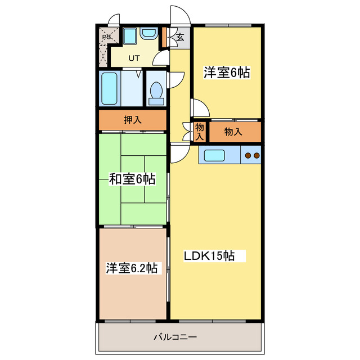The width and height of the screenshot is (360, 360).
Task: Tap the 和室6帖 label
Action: [132, 179]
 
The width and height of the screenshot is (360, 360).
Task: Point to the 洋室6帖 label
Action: [227, 72]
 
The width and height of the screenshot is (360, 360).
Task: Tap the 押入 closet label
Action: [133, 119]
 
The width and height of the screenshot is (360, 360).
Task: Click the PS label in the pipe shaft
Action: [106, 38]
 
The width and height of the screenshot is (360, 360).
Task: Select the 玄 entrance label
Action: [180, 38]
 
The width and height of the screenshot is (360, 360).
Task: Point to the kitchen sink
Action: [214, 155]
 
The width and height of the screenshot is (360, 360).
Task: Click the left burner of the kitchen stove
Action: [247, 155]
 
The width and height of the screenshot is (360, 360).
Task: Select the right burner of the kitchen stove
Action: [256, 155]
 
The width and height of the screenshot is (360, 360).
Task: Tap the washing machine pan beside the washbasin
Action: [129, 37]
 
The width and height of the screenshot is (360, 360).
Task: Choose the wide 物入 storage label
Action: [233, 132]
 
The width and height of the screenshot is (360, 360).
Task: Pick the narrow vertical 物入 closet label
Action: [200, 132]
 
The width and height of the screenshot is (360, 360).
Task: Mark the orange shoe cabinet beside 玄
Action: [164, 38]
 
